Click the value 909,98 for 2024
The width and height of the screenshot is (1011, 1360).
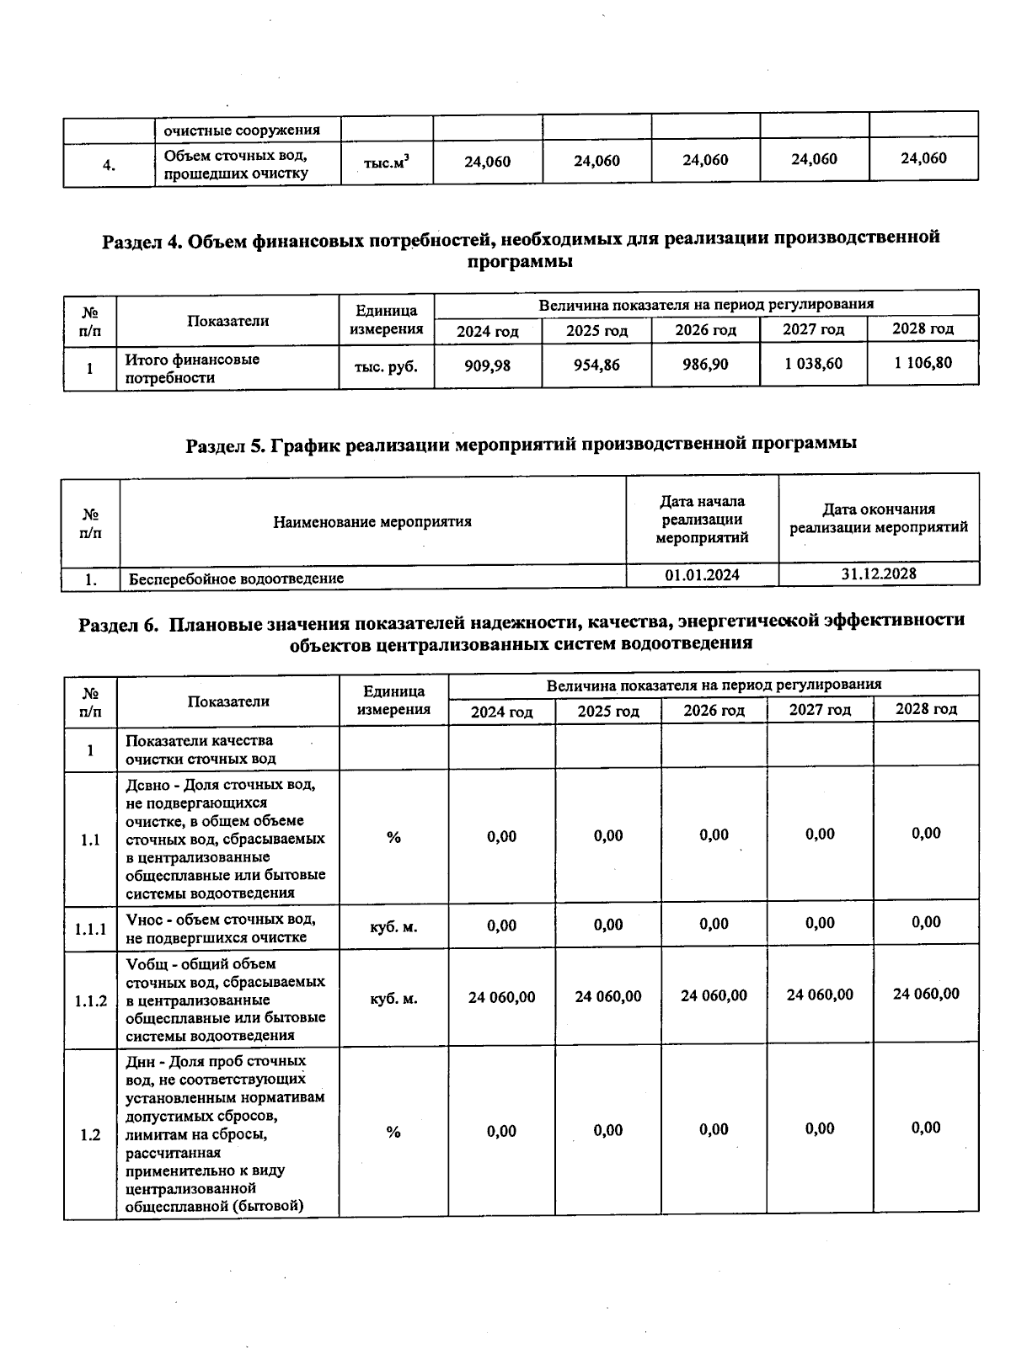tap(488, 365)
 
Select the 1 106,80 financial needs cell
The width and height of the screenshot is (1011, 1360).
tap(923, 363)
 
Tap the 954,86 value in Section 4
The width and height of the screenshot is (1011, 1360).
tap(596, 365)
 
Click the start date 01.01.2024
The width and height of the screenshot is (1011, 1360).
tap(702, 575)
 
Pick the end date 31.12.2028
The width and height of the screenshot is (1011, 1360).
tap(879, 573)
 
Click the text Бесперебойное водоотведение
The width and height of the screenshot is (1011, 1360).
tap(236, 579)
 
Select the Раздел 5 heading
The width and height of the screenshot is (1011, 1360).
tap(521, 444)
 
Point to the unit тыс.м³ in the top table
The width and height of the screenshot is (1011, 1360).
tap(387, 162)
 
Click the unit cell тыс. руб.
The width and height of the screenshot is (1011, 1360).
tap(387, 366)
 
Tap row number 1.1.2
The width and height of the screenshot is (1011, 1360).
tap(90, 1000)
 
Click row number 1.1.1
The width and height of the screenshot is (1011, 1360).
tap(90, 929)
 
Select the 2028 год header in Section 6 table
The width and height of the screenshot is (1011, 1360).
tap(926, 709)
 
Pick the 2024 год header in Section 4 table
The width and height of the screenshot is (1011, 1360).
tap(488, 331)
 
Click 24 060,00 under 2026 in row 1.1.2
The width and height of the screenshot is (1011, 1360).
tap(714, 995)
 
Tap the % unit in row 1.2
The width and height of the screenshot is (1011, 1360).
tap(393, 1132)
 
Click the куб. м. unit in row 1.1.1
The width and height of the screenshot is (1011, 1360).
tap(393, 926)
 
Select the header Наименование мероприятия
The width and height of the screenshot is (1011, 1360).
tap(372, 522)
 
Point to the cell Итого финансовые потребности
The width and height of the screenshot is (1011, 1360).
tap(192, 368)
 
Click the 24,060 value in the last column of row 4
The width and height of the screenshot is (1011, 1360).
tap(923, 158)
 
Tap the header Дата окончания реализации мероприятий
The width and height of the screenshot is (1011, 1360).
tap(879, 519)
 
